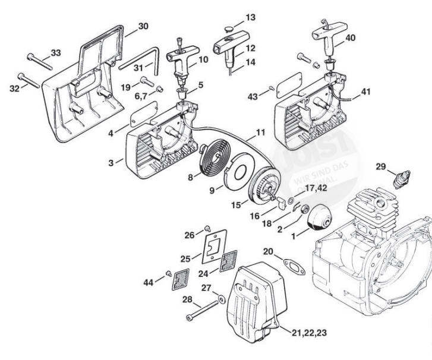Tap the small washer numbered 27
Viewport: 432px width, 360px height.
(x=222, y=296)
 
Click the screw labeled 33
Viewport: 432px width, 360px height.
(x=37, y=61)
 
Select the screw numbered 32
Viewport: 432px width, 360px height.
(x=30, y=80)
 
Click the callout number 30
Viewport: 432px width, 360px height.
(x=143, y=26)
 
